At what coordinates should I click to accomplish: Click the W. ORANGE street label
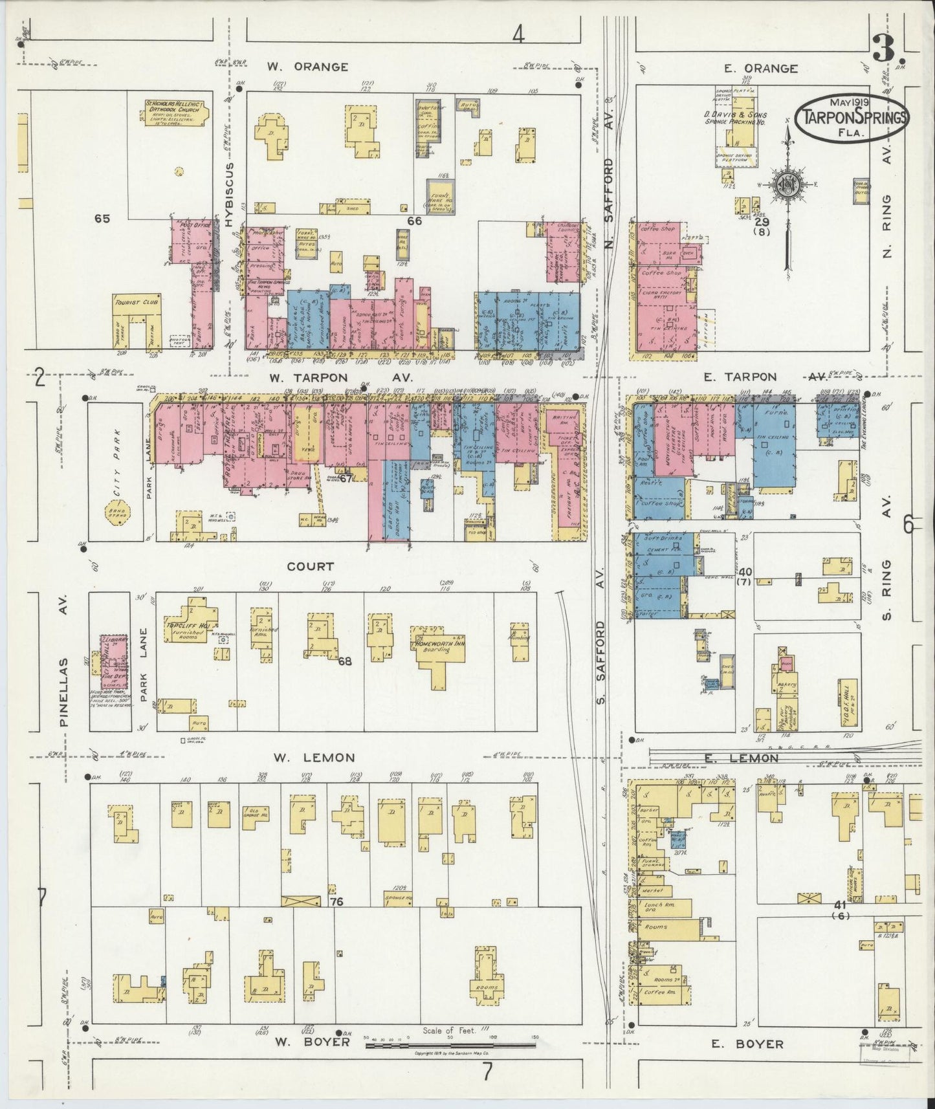tap(308, 67)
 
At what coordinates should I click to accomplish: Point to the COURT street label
tap(311, 566)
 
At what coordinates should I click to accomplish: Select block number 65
tap(102, 219)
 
